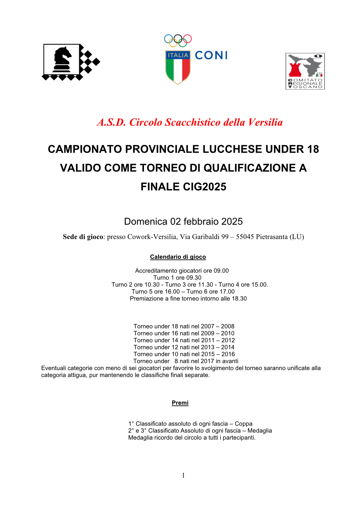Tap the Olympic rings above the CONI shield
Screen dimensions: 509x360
[x=178, y=40]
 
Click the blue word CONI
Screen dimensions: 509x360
[x=211, y=55]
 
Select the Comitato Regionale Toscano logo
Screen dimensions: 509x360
[x=305, y=71]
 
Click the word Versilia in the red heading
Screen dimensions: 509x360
[x=265, y=122]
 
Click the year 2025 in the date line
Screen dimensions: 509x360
[x=231, y=221]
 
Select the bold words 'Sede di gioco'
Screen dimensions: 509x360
[x=83, y=237]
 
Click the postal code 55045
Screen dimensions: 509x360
[x=245, y=237]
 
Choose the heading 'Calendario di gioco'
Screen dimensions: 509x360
[x=178, y=257]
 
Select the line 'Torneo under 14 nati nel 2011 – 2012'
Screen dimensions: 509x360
[x=184, y=340]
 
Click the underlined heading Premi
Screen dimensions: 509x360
[x=180, y=403]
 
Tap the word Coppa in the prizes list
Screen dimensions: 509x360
[x=243, y=424]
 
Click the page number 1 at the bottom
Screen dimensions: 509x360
[x=183, y=475]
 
